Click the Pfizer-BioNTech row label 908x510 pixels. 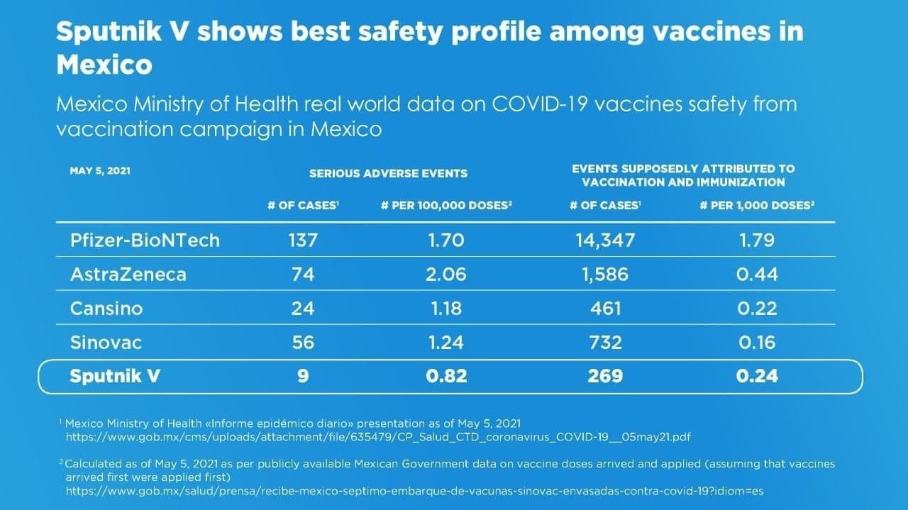[x=145, y=240]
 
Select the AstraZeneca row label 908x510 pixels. [x=128, y=275]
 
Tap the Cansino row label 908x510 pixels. [x=106, y=309]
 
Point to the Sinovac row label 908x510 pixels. [x=106, y=343]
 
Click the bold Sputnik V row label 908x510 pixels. [x=114, y=377]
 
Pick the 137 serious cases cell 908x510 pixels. [x=303, y=240]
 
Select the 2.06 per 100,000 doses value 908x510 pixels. [x=446, y=275]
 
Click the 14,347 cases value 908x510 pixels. [x=605, y=240]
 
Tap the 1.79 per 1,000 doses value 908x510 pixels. [x=756, y=240]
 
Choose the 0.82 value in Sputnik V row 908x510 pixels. [x=446, y=377]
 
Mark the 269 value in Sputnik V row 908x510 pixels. [x=605, y=377]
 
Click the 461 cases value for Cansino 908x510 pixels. [x=605, y=309]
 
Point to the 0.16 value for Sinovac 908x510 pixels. [x=756, y=343]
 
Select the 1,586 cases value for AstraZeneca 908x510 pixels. [x=605, y=275]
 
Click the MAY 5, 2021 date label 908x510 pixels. [x=100, y=171]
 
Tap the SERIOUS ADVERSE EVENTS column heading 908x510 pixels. [x=388, y=173]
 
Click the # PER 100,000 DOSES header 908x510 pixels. [x=446, y=206]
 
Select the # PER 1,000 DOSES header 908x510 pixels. [x=756, y=206]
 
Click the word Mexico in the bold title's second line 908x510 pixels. [x=104, y=65]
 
